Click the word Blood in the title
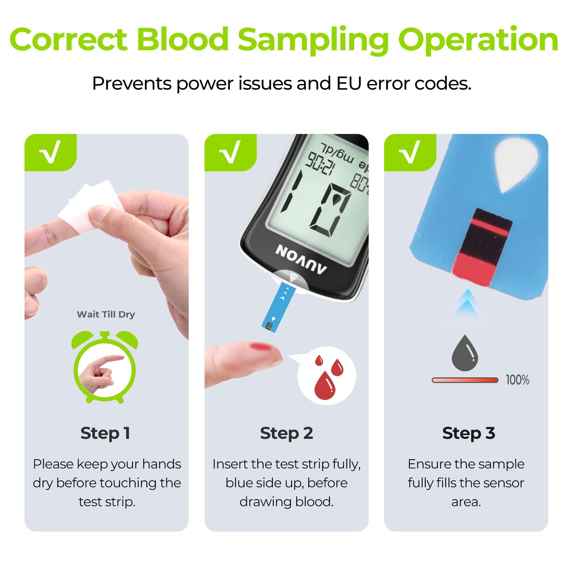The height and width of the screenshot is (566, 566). pos(182,40)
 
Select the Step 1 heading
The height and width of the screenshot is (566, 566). pos(105,433)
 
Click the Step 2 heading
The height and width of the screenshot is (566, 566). pos(286,433)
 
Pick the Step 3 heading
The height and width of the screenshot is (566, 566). pos(468,433)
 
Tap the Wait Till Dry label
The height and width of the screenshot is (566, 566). pos(106,314)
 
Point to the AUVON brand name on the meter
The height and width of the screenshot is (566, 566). pos(301,259)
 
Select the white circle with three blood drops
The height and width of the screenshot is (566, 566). pos(326,376)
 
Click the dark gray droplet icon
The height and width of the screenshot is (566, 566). pos(465,354)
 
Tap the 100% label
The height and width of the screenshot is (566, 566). pos(517,380)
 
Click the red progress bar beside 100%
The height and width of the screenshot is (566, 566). pos(465,380)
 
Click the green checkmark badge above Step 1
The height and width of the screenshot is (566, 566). pos(51,152)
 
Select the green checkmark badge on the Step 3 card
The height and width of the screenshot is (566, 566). pos(410,152)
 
